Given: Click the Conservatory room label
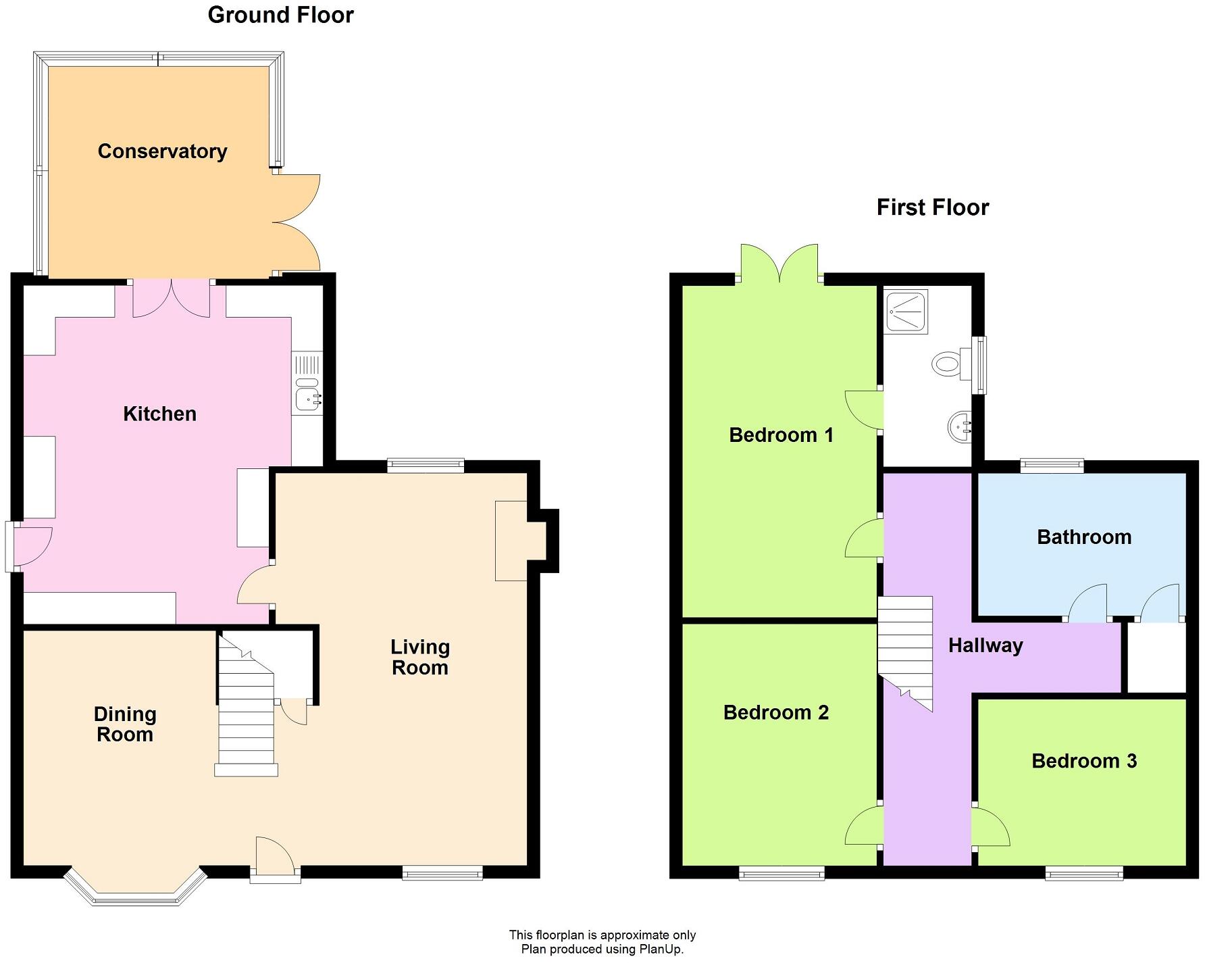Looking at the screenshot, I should click(162, 151).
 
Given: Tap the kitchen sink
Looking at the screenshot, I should click(307, 395).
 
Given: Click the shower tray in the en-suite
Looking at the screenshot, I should click(906, 312).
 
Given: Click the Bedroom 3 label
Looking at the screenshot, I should click(1083, 761).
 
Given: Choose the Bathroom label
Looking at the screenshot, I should click(1083, 537).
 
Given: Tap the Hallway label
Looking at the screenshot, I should click(985, 645).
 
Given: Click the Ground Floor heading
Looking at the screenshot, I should click(280, 15).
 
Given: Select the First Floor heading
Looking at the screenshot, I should click(932, 207).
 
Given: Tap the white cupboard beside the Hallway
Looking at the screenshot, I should click(1156, 657).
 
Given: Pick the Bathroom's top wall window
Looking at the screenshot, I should click(1052, 465).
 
